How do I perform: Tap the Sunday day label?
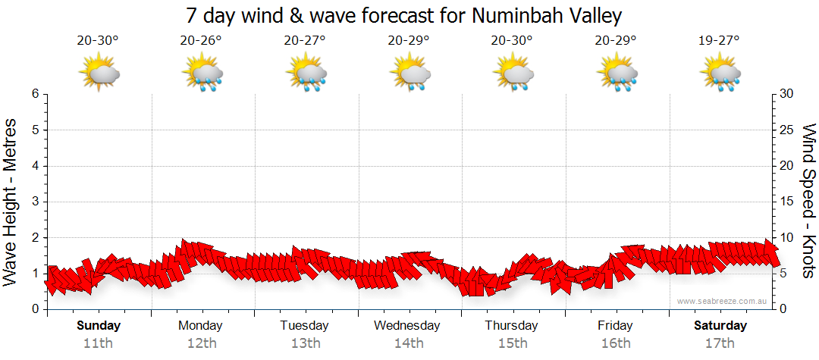point(98,326)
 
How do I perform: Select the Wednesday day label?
point(407,326)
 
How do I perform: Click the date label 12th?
point(201,343)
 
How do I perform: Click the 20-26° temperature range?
point(201,41)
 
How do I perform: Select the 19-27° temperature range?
point(719,41)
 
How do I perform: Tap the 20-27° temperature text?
point(305,41)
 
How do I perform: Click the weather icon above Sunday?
point(99,74)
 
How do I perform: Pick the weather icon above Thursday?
point(513,74)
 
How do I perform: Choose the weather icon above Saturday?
point(720,74)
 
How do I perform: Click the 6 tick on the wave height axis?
point(35,94)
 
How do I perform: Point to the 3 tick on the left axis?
point(35,202)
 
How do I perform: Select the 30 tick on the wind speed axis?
point(786,94)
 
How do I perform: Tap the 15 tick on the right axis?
point(786,202)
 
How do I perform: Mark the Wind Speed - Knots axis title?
point(808,202)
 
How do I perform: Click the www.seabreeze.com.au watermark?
point(723,301)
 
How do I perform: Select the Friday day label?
point(615,326)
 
